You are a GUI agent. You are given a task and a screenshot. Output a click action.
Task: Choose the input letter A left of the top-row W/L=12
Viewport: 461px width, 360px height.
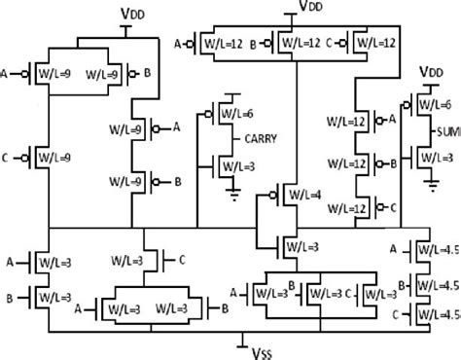tap(177, 44)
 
